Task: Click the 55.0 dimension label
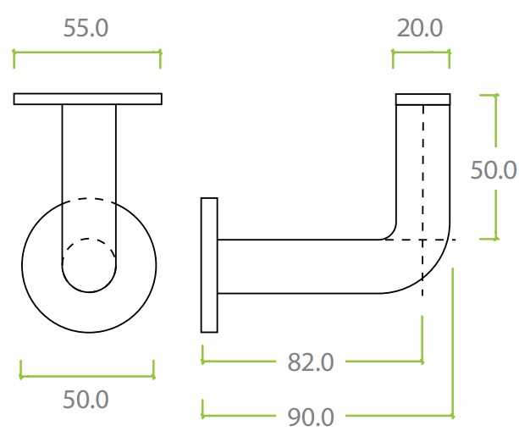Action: [86, 28]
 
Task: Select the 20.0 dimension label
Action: [420, 28]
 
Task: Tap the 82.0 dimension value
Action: [311, 362]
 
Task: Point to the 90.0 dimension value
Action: [311, 417]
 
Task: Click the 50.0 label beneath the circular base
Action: [86, 399]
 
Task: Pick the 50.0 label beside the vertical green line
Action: [494, 169]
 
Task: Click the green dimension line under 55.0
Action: [86, 52]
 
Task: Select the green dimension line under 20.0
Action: [420, 52]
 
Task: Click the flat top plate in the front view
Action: [87, 99]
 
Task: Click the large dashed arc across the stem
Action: [89, 199]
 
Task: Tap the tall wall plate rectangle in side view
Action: [209, 265]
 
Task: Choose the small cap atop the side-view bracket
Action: [422, 99]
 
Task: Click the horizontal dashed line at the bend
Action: [419, 240]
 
